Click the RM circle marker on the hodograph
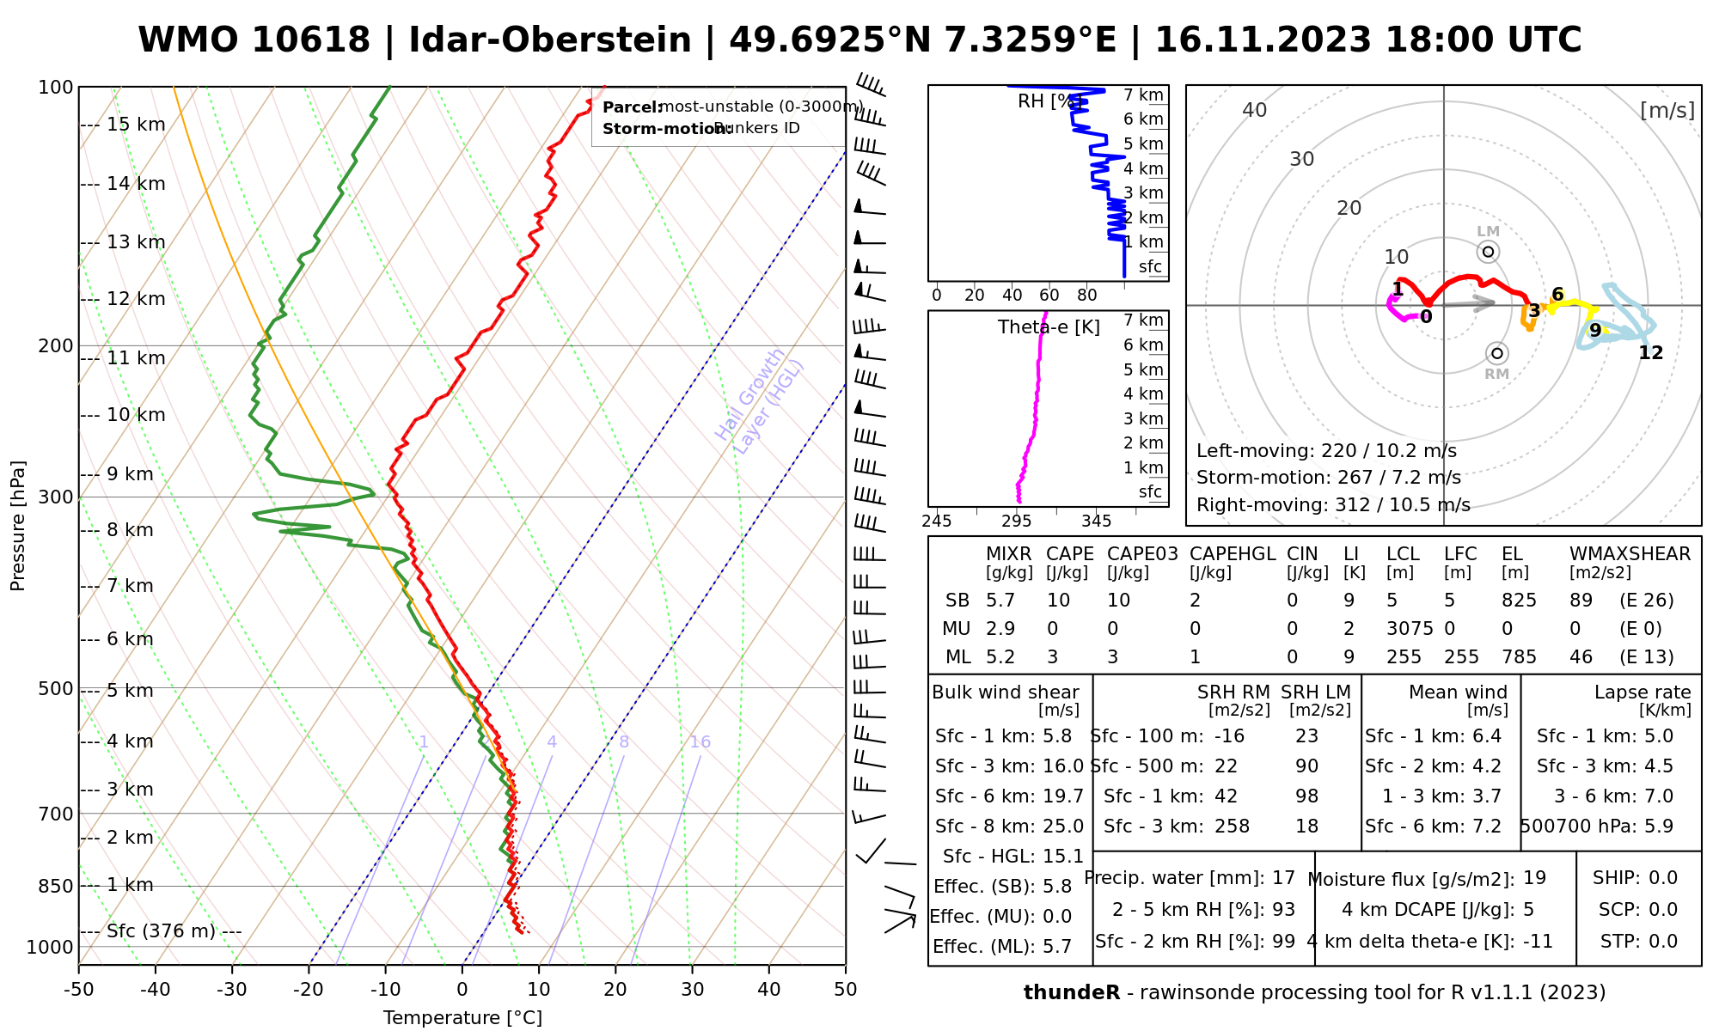click(x=1497, y=353)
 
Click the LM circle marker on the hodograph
click(x=1488, y=252)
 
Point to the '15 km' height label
click(x=135, y=125)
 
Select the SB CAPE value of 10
click(x=1058, y=601)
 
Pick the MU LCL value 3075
click(x=1410, y=629)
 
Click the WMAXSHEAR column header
click(x=1630, y=554)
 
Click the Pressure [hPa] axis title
click(x=18, y=526)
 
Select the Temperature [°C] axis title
click(x=462, y=1018)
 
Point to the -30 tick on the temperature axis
click(x=232, y=990)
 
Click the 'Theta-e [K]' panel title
click(x=1049, y=327)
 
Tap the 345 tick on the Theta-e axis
click(x=1096, y=522)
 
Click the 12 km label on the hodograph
click(x=1650, y=353)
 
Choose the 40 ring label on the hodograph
click(x=1255, y=110)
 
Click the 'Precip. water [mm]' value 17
click(x=1283, y=878)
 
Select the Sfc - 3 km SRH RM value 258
click(x=1232, y=827)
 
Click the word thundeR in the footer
click(x=1071, y=993)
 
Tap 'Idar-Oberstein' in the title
click(x=549, y=40)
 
